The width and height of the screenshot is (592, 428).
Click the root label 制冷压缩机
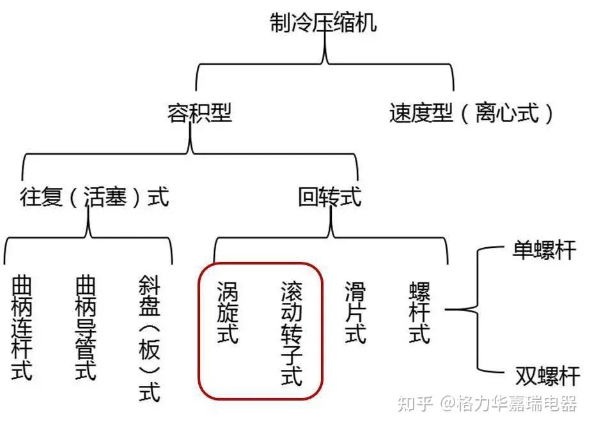click(323, 22)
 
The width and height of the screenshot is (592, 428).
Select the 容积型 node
click(199, 113)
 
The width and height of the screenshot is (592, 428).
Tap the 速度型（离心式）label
click(471, 113)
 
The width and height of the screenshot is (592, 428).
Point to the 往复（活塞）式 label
click(95, 197)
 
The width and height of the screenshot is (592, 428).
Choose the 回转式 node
click(330, 197)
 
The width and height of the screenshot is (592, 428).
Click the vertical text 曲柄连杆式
click(22, 328)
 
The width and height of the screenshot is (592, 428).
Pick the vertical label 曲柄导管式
click(86, 328)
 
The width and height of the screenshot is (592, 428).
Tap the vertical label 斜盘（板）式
click(150, 338)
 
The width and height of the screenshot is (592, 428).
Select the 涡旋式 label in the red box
click(228, 312)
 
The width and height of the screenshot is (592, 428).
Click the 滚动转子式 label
click(292, 333)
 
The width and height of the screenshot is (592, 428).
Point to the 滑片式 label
click(355, 312)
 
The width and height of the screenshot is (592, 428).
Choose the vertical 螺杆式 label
click(419, 312)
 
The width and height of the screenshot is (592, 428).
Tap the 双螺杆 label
click(547, 376)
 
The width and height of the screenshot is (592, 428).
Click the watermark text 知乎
click(415, 404)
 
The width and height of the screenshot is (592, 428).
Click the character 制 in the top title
click(281, 22)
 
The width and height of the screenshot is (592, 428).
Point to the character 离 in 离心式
click(486, 113)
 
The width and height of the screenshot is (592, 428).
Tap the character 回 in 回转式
click(308, 197)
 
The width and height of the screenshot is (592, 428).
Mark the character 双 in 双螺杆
click(526, 376)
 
